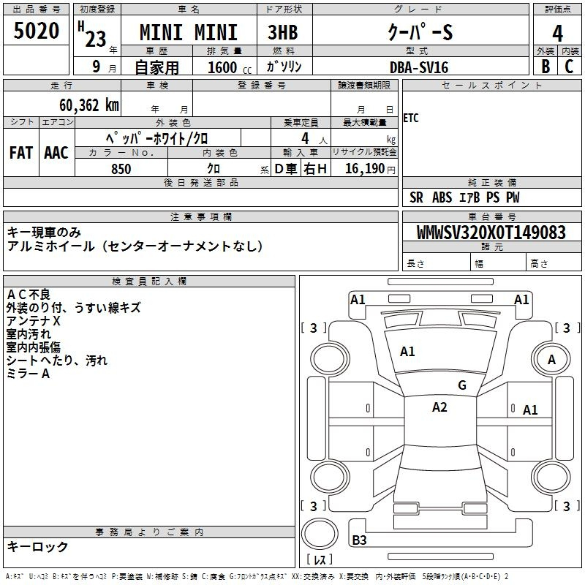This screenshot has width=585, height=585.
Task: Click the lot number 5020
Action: coord(36,31)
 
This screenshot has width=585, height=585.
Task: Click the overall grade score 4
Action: coord(557,34)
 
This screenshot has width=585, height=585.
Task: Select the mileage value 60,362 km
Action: coord(89,105)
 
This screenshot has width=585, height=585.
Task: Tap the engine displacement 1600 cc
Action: coord(230,67)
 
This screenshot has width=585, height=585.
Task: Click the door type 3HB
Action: coord(283,32)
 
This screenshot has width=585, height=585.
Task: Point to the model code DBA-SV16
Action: coord(419,67)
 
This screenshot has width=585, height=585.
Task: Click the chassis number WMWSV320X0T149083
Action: coord(491,233)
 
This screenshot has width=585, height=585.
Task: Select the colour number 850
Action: coord(121,169)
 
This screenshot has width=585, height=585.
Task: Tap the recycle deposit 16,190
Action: coord(364,169)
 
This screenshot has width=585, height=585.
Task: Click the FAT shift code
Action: coord(21,153)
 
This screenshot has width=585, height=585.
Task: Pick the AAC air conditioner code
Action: coord(56,153)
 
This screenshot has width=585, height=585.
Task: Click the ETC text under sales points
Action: coord(411,118)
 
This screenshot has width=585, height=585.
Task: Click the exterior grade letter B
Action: coord(546,67)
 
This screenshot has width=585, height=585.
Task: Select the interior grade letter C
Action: coord(569,67)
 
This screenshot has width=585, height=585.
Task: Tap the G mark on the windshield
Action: coord(462,385)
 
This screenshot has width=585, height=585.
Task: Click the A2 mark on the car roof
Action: coord(439,407)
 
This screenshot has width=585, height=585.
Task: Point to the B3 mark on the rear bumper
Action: coord(359,540)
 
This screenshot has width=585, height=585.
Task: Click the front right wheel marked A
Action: coord(551,359)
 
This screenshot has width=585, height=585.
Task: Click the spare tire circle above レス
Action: coord(320,534)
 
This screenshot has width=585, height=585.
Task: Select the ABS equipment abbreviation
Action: coord(442,197)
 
